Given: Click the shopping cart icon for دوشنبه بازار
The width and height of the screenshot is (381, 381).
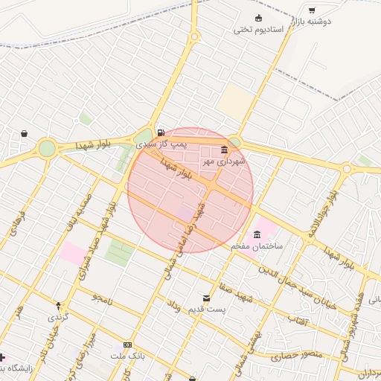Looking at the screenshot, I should pyautogui.click(x=312, y=10).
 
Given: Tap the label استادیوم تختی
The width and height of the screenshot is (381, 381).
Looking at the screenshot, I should pyautogui.click(x=254, y=30).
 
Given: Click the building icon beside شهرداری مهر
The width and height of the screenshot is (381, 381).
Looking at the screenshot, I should pyautogui.click(x=225, y=150).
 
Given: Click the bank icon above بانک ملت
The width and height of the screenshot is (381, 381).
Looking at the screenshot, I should pyautogui.click(x=128, y=345).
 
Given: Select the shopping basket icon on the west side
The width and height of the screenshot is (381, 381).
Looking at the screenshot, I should pyautogui.click(x=25, y=134).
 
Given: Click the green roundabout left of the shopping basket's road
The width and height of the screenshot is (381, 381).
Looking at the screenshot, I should pyautogui.click(x=47, y=148).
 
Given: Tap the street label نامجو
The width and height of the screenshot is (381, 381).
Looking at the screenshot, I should pyautogui.click(x=101, y=298).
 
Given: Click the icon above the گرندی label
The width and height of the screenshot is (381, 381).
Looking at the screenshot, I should pyautogui.click(x=59, y=305).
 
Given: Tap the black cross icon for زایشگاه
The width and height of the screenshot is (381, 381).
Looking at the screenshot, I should pyautogui.click(x=3, y=358).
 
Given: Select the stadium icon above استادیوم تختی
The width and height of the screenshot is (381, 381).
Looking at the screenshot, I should pyautogui.click(x=258, y=18).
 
